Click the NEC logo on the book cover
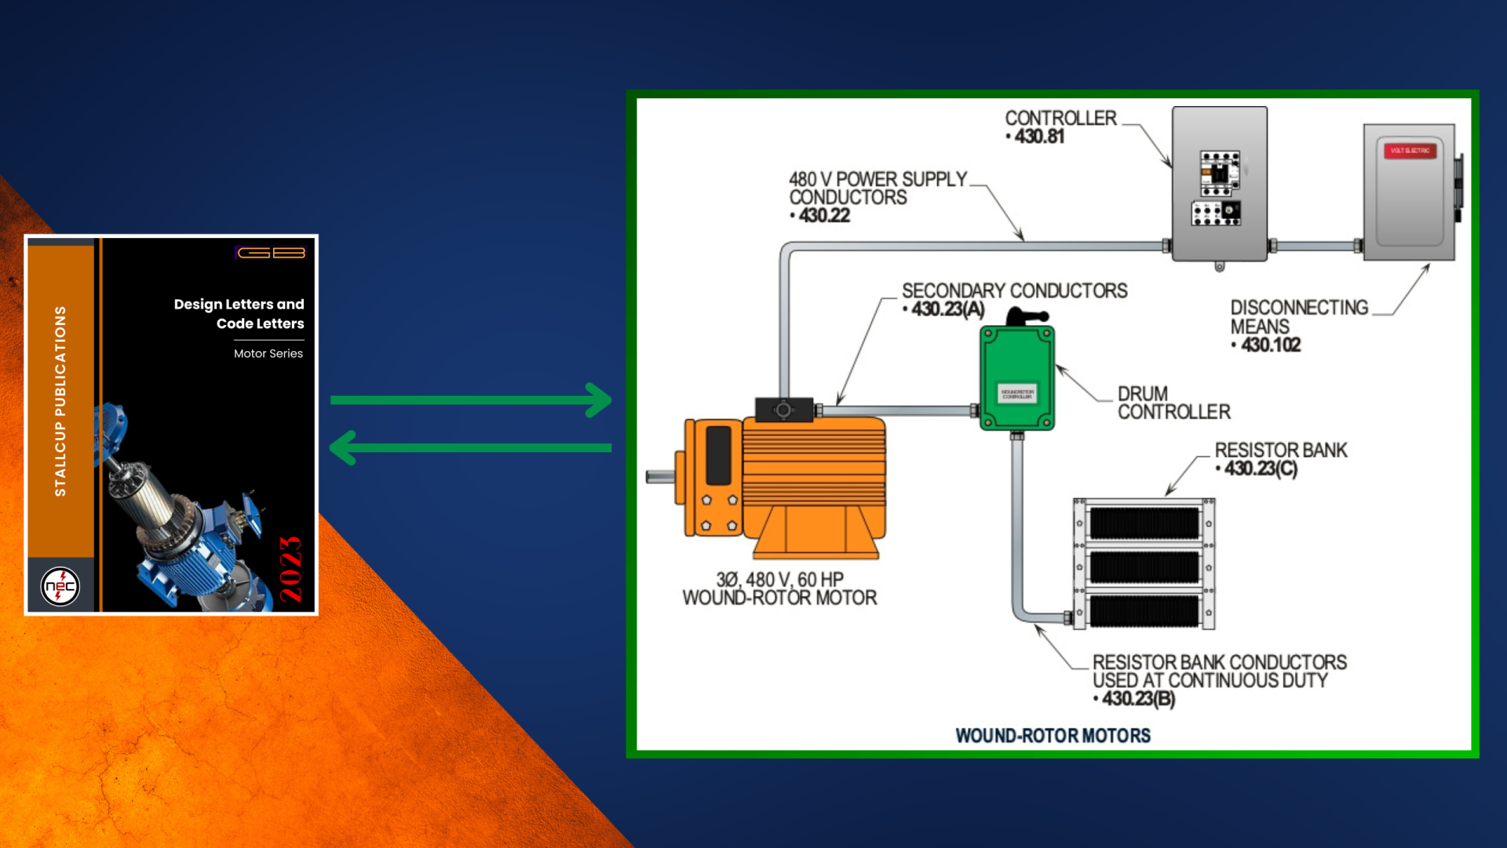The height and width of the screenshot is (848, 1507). (60, 586)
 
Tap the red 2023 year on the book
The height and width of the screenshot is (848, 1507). (290, 569)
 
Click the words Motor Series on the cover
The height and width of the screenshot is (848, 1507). (268, 353)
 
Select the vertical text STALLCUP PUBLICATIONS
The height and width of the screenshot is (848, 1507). (60, 400)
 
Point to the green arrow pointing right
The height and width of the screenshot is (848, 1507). (471, 400)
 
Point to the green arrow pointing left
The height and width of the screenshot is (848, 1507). (471, 448)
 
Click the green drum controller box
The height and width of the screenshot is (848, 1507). (1017, 378)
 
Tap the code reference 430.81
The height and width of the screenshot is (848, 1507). (1039, 137)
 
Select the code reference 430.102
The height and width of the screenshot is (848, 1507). (1271, 345)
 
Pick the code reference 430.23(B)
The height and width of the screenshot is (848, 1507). (1138, 698)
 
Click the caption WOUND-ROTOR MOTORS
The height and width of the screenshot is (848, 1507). (1053, 735)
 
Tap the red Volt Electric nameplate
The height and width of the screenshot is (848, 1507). (1410, 150)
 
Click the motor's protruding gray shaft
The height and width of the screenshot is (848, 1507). (659, 476)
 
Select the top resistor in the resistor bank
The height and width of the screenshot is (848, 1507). (1144, 523)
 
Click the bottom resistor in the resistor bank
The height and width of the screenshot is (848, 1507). (1144, 610)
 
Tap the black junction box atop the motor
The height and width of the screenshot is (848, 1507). (783, 409)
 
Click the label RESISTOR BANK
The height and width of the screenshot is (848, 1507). (1281, 450)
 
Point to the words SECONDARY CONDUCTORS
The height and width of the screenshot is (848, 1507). (1014, 291)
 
